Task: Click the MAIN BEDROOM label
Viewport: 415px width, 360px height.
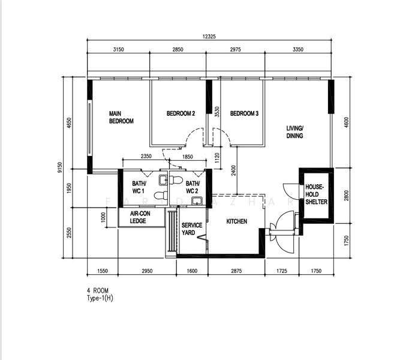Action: (121, 117)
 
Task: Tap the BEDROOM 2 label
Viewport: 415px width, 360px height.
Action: (181, 113)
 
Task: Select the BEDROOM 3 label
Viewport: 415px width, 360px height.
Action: (244, 113)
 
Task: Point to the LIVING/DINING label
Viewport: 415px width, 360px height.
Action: (295, 132)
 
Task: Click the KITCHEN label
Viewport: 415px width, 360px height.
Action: (237, 221)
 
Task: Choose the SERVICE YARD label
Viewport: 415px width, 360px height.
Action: (192, 229)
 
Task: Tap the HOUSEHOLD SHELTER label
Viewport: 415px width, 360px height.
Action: (316, 194)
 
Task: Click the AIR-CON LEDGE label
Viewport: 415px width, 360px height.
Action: (140, 217)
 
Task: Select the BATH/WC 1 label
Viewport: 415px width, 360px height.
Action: (139, 187)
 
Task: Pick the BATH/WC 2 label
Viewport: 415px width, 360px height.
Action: (193, 187)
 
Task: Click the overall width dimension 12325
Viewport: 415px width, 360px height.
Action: (209, 37)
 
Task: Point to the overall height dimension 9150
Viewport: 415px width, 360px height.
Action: (60, 167)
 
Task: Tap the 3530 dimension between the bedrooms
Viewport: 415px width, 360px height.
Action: (217, 112)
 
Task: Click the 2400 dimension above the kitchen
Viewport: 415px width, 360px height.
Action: (233, 170)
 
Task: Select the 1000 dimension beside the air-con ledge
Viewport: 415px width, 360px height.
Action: (103, 217)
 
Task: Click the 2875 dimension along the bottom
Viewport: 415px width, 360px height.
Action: (236, 271)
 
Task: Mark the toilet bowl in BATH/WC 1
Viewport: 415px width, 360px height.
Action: (161, 196)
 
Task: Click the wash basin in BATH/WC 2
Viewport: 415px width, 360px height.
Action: (197, 201)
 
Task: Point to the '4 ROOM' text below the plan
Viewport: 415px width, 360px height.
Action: (97, 290)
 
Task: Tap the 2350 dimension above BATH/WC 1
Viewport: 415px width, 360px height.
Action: (146, 156)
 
